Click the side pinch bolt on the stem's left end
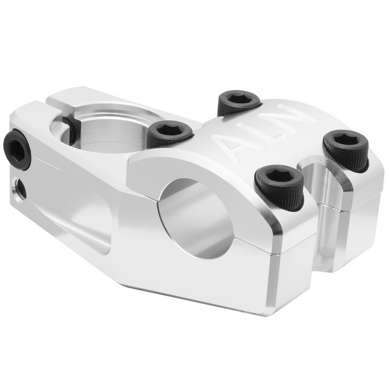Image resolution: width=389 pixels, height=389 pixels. (x=17, y=149)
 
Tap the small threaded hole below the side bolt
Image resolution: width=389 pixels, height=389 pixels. (x=19, y=188)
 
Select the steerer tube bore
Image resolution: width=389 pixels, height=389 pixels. (x=108, y=130)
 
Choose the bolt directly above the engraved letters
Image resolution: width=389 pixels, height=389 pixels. (x=239, y=102)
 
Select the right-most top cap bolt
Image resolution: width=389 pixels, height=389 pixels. (x=346, y=149)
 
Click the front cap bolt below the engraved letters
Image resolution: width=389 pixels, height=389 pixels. (x=279, y=186)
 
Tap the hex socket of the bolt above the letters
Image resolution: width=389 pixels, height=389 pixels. (x=239, y=98)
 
